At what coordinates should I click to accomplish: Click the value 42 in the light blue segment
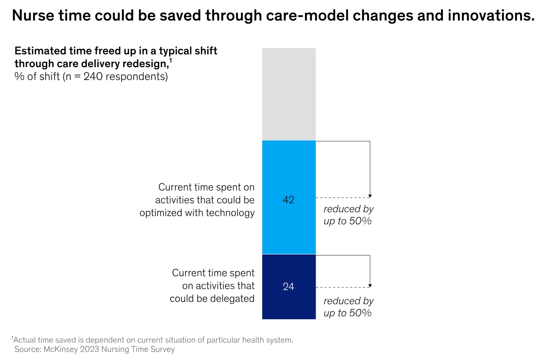tap(289, 200)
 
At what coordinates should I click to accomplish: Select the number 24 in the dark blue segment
tap(289, 287)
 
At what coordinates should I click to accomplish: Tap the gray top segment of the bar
tap(289, 94)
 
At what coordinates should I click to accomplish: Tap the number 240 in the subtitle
tap(93, 76)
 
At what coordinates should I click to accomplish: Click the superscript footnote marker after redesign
tap(171, 61)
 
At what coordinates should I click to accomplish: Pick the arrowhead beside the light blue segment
tap(370, 196)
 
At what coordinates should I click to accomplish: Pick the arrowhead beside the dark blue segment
tap(370, 286)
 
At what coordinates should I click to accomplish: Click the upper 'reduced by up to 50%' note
tap(348, 215)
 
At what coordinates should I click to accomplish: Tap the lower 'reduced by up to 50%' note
tap(348, 307)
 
